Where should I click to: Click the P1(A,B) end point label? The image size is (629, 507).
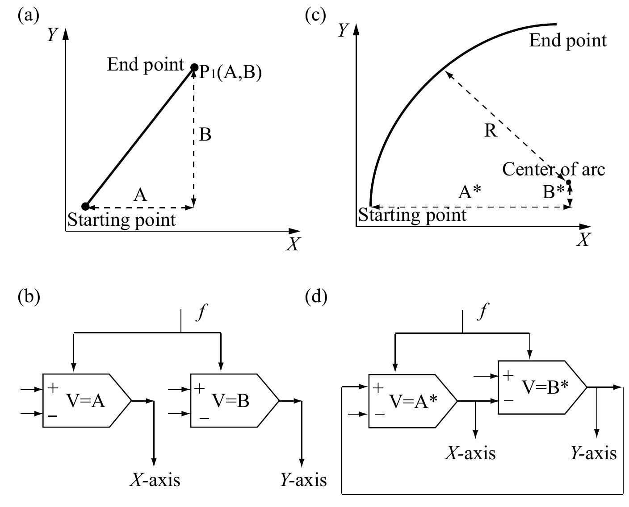tap(230, 72)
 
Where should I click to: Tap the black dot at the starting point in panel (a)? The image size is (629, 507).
tap(85, 206)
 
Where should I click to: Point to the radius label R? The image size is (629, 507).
tap(491, 131)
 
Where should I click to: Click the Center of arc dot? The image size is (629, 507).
tap(568, 182)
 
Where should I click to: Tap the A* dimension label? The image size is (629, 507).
tap(470, 192)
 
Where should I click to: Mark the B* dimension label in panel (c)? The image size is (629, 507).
tap(554, 192)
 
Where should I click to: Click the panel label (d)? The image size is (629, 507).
tap(316, 296)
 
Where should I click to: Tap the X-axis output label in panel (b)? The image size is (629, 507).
tap(155, 480)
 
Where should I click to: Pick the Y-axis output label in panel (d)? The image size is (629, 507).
tap(593, 453)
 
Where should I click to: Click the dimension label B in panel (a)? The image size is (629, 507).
tap(205, 134)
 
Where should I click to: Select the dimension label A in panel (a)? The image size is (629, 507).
tap(140, 195)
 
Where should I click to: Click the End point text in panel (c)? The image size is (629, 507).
tap(568, 41)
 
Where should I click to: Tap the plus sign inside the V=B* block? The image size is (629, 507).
tap(508, 375)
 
